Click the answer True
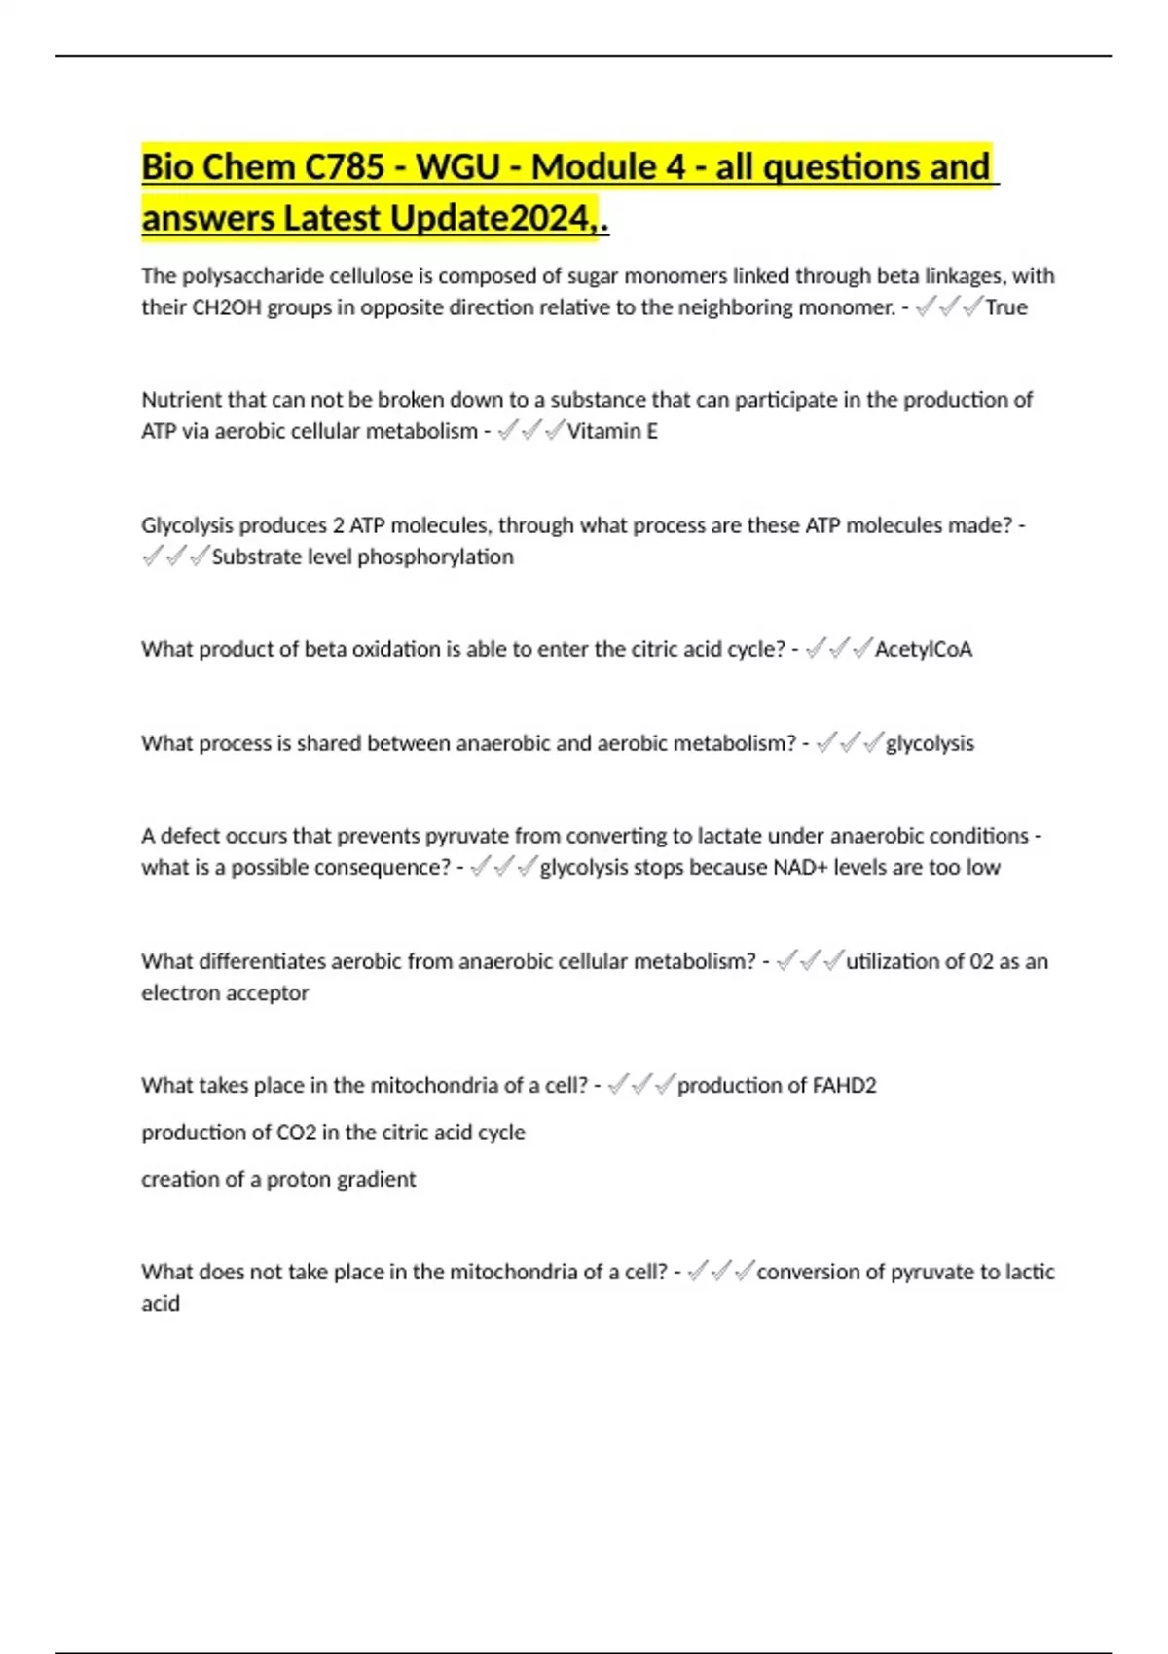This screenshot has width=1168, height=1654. click(1006, 307)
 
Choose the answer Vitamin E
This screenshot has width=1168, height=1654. click(612, 431)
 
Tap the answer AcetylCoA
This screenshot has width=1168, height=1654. click(923, 649)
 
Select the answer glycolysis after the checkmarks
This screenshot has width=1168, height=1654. click(930, 743)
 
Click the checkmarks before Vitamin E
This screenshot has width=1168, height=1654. click(530, 431)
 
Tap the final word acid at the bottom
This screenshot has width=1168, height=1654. click(161, 1304)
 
